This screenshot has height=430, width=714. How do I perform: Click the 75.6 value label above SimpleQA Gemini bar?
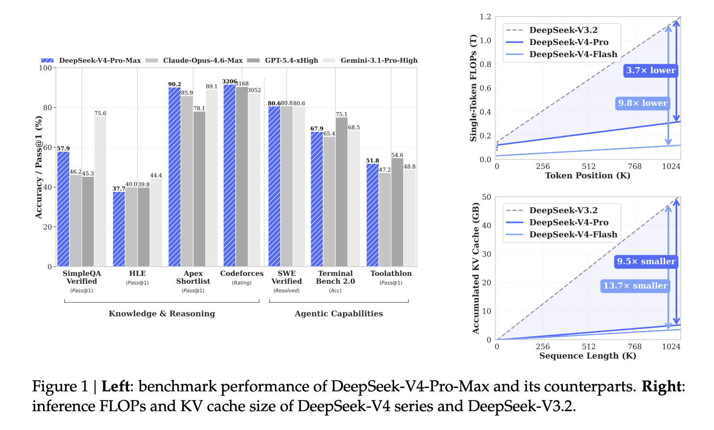pos(100,114)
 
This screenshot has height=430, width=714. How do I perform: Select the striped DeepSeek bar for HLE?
pos(119,229)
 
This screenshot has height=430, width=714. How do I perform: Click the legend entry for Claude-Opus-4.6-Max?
pos(202,60)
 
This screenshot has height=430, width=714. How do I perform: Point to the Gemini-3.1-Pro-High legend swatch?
pos(328,60)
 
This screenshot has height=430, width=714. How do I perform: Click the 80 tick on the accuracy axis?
pos(47,108)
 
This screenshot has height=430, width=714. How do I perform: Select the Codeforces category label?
pos(242,273)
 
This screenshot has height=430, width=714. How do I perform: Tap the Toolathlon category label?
pos(391,273)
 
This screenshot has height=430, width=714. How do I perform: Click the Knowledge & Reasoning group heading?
pos(162,314)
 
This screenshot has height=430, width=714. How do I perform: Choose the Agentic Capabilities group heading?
pos(339,314)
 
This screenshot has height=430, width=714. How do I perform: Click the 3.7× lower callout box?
pos(651,71)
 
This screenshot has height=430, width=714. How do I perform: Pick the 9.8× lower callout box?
pos(643,103)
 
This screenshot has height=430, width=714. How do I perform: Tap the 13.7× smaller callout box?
pos(635,286)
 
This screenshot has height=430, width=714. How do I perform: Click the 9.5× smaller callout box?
pos(646,261)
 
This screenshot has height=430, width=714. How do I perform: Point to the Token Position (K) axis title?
pos(587,175)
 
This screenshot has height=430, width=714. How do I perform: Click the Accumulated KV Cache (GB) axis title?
pos(476,268)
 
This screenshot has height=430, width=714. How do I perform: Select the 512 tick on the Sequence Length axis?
pos(588,346)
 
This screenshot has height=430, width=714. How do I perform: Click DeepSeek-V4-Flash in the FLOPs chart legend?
pos(573,54)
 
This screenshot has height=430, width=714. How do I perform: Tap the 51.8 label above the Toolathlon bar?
pos(372,160)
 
